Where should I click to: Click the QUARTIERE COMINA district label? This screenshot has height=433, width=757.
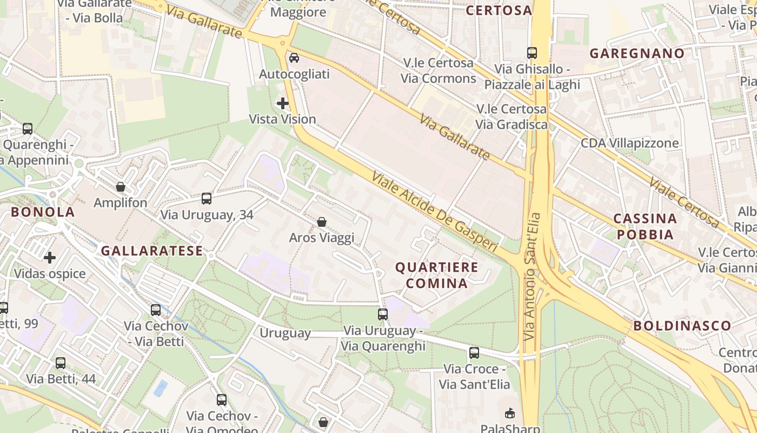(x=436, y=275)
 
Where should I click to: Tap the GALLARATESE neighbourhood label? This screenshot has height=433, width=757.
(x=152, y=251)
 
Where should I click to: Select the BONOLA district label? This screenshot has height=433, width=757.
(x=43, y=212)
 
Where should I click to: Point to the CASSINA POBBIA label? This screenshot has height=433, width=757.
(x=645, y=226)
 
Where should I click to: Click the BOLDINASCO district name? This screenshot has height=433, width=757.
(x=682, y=326)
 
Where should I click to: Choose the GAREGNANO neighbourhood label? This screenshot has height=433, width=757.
(x=637, y=54)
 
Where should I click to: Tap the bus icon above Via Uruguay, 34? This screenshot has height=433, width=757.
(x=207, y=199)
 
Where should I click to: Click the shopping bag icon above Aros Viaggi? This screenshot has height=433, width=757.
(x=322, y=222)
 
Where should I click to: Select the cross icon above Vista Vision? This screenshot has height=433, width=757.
(x=282, y=103)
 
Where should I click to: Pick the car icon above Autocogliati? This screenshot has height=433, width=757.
(x=294, y=58)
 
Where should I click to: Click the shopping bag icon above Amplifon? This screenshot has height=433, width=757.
(x=121, y=187)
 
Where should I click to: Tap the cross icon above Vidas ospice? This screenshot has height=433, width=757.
(x=50, y=258)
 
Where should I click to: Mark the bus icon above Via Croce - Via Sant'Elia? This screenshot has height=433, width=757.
(x=474, y=353)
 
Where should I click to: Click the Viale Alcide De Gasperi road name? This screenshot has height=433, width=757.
(x=434, y=212)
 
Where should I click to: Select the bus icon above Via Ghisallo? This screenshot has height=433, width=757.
(x=532, y=53)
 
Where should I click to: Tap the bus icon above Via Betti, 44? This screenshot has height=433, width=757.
(x=61, y=363)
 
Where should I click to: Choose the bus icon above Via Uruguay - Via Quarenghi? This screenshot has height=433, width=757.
(x=383, y=314)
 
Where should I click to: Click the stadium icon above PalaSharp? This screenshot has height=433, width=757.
(x=509, y=414)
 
